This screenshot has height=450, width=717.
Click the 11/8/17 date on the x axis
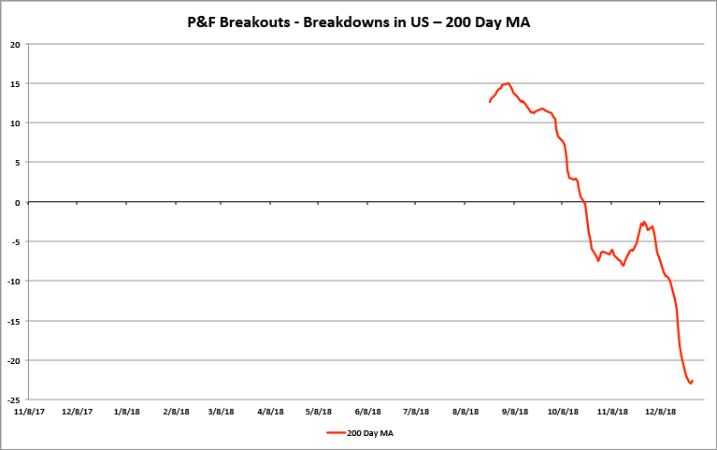[x=29, y=411]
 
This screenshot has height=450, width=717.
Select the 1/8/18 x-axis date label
[x=126, y=411]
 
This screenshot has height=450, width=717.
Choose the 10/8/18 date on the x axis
[x=563, y=411]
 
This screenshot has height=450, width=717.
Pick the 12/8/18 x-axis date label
[x=660, y=411]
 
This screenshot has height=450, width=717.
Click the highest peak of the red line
[x=508, y=83]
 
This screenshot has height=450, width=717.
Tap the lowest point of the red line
[x=690, y=383]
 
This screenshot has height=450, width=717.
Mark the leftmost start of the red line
[x=489, y=101]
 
